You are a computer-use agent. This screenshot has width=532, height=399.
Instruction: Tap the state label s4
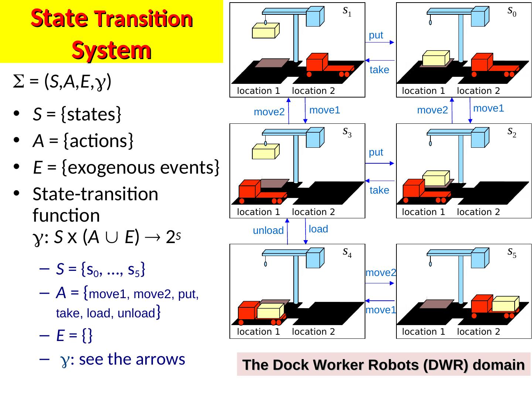click(x=347, y=253)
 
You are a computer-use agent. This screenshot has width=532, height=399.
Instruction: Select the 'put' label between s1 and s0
click(x=376, y=35)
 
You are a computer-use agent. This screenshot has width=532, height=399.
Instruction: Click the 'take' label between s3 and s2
click(x=379, y=190)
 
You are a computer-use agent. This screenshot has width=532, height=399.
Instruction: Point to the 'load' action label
click(x=318, y=229)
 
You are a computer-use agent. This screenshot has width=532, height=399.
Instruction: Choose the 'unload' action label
click(x=268, y=231)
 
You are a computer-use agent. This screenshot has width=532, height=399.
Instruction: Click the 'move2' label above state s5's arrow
click(x=381, y=273)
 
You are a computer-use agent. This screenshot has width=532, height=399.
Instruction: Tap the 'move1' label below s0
click(x=488, y=108)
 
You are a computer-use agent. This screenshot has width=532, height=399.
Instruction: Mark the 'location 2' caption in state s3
click(x=313, y=212)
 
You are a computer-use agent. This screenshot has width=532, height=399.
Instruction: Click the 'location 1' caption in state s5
click(x=423, y=332)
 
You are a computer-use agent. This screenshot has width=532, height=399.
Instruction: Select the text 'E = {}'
click(x=74, y=335)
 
